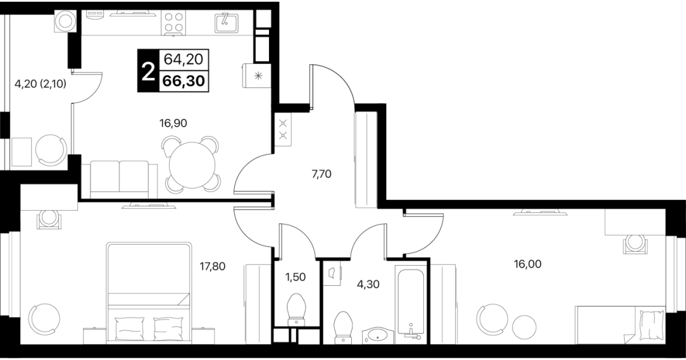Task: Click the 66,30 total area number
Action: (183, 81)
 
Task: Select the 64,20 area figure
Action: (183, 59)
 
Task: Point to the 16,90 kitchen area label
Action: (173, 123)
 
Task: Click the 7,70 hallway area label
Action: (322, 174)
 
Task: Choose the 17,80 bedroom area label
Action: (212, 266)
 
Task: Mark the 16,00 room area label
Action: (528, 264)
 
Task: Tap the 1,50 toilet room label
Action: (295, 277)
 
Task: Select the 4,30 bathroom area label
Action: (368, 285)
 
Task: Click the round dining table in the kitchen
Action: (192, 165)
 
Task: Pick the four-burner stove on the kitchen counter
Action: (173, 22)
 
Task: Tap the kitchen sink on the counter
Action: (226, 23)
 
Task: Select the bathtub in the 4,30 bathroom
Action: (411, 304)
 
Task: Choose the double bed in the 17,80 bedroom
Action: (149, 293)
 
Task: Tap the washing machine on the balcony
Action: (65, 21)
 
